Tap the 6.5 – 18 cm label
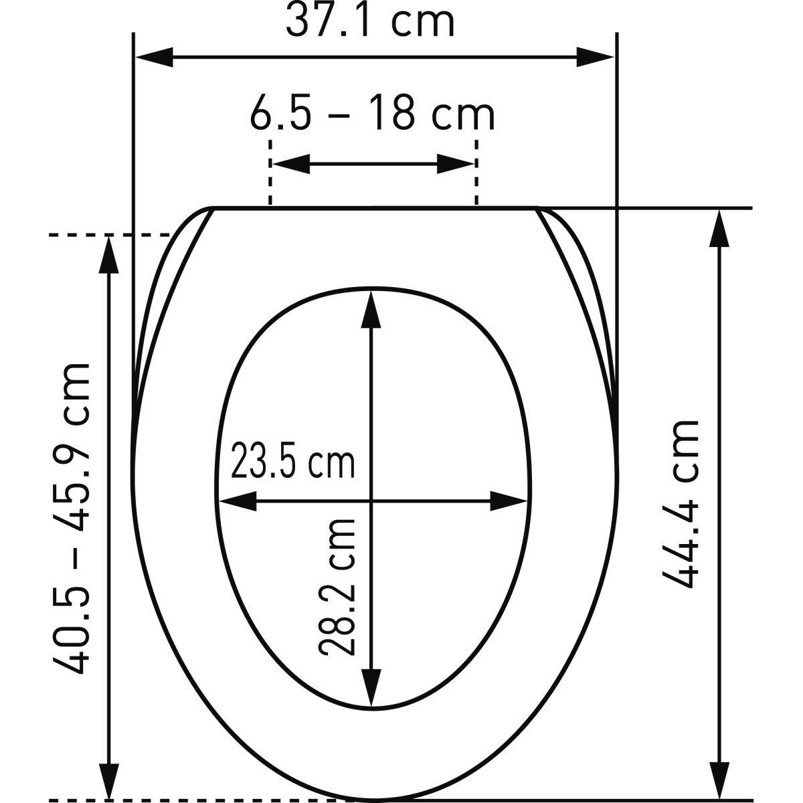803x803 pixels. click(373, 113)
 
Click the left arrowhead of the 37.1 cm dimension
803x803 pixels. click(154, 57)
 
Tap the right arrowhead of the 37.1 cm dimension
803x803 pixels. click(596, 57)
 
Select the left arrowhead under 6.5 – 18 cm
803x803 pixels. click(291, 164)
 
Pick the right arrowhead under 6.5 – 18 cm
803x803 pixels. click(456, 164)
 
